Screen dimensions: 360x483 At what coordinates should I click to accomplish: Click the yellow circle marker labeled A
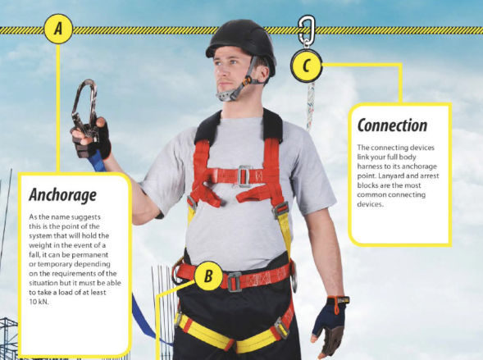(58, 30)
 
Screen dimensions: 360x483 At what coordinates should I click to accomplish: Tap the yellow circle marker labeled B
(208, 276)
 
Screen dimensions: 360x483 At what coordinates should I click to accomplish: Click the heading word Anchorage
(62, 195)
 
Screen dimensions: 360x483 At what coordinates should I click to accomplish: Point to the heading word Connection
(392, 125)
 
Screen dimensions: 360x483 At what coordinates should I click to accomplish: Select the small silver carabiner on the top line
(308, 31)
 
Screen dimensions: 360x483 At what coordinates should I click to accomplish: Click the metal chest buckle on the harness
(244, 174)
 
